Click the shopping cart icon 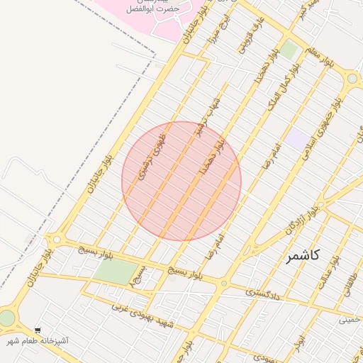38,330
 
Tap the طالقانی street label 351,282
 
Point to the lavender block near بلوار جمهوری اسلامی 298,138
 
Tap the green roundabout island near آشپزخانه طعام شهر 6,318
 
